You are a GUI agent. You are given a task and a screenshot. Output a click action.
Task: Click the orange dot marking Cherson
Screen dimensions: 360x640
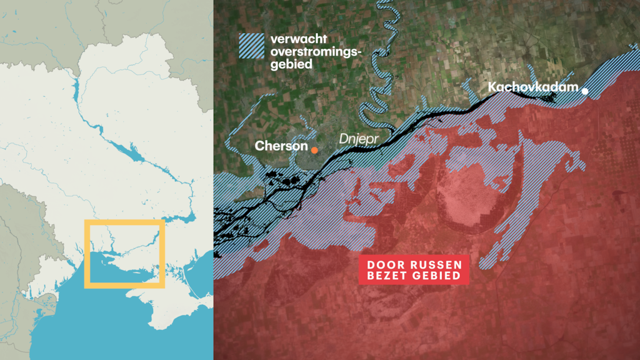coord(314,150)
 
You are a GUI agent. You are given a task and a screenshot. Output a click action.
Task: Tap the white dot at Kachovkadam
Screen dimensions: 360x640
coord(585,91)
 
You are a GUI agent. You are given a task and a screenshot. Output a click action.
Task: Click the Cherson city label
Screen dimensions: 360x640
coord(281,146)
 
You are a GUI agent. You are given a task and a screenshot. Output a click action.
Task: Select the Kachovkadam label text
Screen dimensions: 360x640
coord(532,87)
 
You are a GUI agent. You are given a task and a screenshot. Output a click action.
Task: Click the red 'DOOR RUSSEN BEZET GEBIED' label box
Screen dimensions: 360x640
coord(414,269)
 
